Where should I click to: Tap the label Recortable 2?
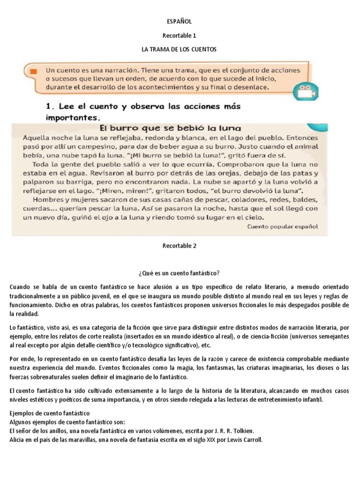(179, 246)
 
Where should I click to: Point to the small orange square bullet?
(33, 71)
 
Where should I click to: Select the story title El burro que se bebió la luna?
(170, 128)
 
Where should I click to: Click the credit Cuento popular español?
(283, 227)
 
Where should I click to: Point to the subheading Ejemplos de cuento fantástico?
(49, 413)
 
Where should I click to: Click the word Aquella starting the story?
(36, 137)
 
